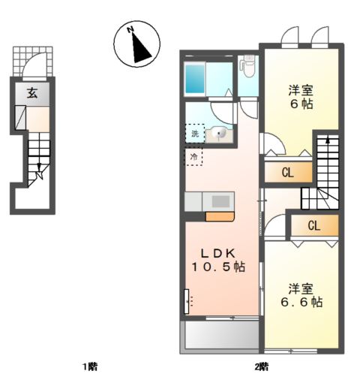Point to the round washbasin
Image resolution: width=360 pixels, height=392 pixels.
pos(220,134)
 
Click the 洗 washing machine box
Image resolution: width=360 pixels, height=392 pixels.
pos(195,134)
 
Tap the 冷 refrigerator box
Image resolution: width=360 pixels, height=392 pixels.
pos(194,157)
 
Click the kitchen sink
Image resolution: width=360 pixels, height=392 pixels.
pos(222,201)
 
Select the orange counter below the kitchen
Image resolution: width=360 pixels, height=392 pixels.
pos(220,217)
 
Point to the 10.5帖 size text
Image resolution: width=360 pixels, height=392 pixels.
pos(218,267)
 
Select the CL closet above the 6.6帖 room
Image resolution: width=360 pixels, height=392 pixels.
pos(313,225)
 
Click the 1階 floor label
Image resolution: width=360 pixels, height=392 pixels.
pos(89,366)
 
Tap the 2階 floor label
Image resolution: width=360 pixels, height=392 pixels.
pos(260,366)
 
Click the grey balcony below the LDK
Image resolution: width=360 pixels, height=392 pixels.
pos(218,336)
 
